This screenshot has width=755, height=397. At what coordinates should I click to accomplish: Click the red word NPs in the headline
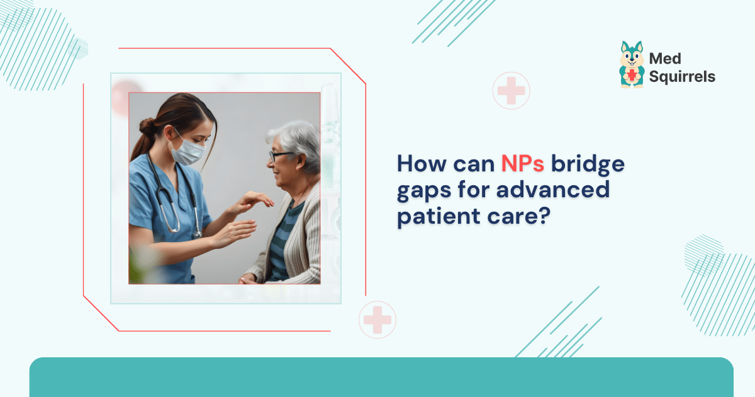point(523,164)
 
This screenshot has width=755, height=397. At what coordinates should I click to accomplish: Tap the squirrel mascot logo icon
point(631,65)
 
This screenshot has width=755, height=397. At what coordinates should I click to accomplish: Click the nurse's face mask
point(188,152)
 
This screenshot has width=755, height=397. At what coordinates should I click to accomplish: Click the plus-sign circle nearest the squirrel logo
point(511,91)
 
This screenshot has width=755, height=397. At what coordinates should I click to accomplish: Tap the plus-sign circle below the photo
point(377,319)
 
